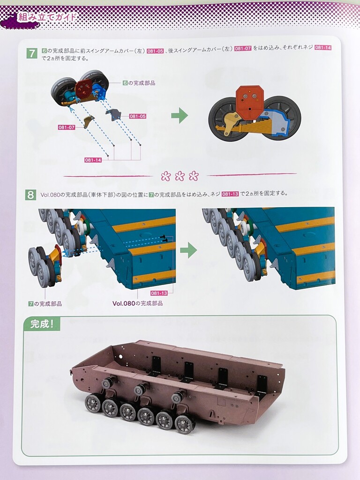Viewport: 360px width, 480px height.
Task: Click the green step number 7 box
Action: coord(32,53)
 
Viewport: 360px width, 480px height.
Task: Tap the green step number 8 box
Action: coord(30,195)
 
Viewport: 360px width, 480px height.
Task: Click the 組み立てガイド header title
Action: coord(47,16)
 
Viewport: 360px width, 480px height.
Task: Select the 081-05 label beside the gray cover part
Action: coord(137,116)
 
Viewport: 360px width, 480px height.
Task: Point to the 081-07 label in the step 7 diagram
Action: coord(67,127)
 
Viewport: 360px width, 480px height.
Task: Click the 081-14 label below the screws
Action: coord(93,160)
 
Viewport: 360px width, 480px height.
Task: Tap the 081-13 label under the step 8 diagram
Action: coord(159,293)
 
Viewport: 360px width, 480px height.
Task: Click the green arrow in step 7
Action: coord(180,115)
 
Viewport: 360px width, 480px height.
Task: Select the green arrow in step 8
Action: coord(188,250)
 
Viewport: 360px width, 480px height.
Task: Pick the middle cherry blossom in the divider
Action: coord(180,176)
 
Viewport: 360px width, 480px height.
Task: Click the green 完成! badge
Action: coord(42,323)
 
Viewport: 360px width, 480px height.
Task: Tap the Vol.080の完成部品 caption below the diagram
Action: coord(137,303)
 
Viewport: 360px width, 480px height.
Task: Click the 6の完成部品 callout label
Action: coord(139,83)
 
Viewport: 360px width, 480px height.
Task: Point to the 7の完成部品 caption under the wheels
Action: coord(45,304)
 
